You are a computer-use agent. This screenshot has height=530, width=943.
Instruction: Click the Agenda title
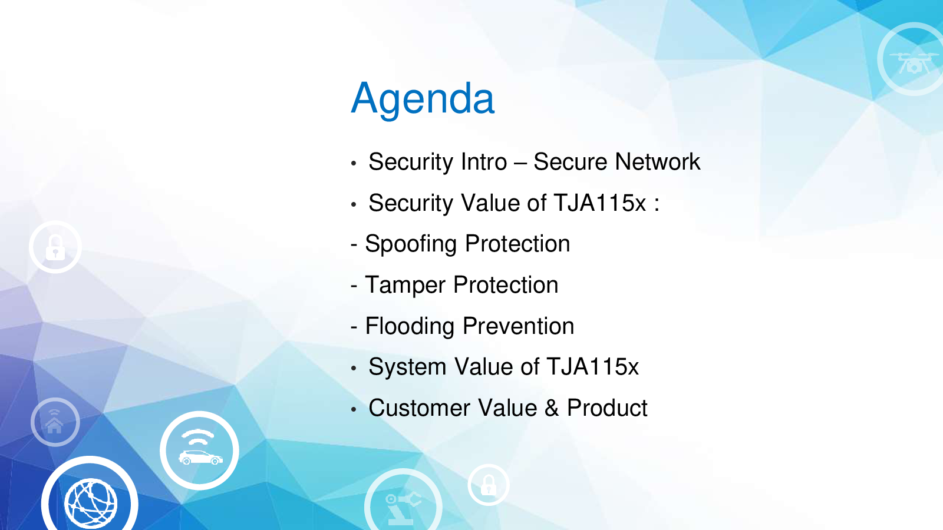[422, 100]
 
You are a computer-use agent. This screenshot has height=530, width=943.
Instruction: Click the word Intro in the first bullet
[484, 162]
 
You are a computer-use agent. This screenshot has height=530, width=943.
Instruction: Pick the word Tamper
[405, 285]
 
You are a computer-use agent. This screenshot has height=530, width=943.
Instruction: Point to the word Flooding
[410, 326]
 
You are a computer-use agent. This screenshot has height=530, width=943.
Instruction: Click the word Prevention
[518, 326]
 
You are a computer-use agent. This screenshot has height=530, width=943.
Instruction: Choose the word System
[407, 367]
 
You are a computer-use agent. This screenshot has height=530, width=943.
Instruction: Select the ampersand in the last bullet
[552, 408]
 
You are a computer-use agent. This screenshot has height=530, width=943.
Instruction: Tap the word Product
[607, 408]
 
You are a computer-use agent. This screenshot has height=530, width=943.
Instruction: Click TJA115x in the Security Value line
[599, 203]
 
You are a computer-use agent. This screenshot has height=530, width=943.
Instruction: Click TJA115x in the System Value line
[593, 367]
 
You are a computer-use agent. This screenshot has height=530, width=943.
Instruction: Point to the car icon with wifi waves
[200, 450]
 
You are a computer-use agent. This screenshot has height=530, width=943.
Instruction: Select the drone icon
[914, 61]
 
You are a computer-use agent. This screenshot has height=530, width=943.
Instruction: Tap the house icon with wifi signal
[55, 422]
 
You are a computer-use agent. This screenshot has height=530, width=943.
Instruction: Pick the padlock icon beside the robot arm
[489, 485]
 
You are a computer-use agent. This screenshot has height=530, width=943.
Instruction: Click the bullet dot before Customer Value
[354, 409]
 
